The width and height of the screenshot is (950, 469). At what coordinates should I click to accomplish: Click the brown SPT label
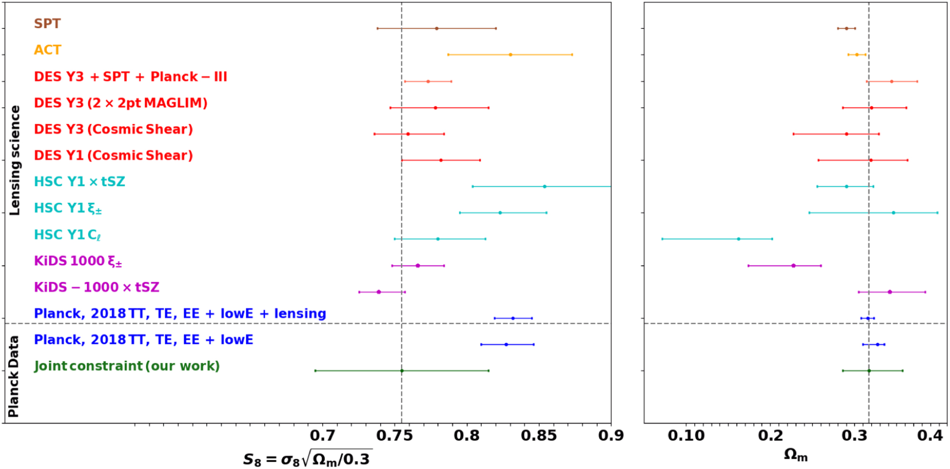coord(47,24)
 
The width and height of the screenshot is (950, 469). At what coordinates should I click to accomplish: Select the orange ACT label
coord(47,50)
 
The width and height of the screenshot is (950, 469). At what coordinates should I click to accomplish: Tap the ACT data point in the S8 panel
coord(511,55)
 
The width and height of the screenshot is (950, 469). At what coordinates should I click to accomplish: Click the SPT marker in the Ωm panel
coord(846,28)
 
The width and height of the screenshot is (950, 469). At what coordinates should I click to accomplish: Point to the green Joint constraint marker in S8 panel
coord(402,371)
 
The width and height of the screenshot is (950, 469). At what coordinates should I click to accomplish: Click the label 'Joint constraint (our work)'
coord(127,366)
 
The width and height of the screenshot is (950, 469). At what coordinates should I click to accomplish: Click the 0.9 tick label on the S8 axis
coord(611,435)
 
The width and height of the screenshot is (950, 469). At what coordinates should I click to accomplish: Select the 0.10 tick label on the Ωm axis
coord(686,435)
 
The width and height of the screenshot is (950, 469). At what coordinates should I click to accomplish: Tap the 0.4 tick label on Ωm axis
coord(930,435)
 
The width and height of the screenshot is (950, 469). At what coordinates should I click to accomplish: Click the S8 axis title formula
coord(307,459)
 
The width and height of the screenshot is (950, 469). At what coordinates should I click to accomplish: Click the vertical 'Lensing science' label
coord(15,160)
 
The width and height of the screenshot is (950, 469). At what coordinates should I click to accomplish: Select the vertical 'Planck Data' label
coord(14,376)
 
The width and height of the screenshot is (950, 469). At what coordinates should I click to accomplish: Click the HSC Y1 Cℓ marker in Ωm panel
coord(739,239)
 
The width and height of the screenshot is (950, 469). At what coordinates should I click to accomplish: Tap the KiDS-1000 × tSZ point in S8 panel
coord(379,292)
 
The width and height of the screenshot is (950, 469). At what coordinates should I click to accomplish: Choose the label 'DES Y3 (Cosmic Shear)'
coord(114,129)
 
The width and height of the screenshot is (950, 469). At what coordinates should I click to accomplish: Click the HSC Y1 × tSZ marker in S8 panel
coord(544,187)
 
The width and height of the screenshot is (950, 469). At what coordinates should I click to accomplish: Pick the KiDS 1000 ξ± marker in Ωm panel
coord(793,266)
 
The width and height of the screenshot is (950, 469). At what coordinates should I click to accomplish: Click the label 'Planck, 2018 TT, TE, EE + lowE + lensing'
coord(180,314)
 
